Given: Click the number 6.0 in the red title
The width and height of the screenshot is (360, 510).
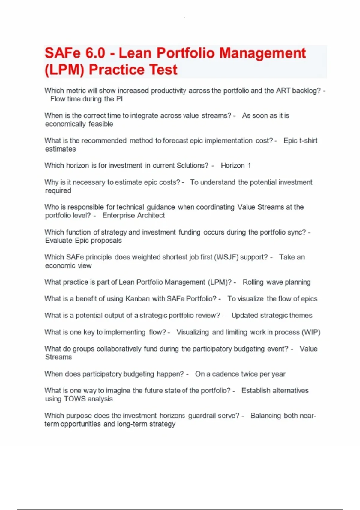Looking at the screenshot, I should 95,53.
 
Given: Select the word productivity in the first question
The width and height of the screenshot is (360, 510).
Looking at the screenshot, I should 168,91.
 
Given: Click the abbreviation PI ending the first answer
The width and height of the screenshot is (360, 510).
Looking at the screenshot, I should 119,99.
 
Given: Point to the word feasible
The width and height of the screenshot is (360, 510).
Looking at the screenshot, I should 101,124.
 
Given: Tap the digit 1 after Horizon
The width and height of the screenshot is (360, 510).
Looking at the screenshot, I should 249,166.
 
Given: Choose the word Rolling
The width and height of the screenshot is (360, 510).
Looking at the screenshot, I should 253,282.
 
